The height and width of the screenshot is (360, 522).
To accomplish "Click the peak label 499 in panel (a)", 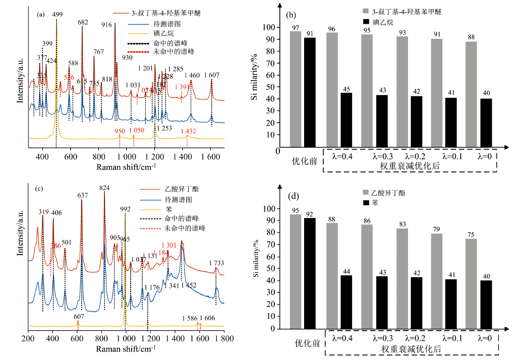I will (57, 15).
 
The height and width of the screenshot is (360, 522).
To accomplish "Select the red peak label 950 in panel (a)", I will (120, 131).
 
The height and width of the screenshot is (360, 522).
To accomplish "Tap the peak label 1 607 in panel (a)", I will (212, 76).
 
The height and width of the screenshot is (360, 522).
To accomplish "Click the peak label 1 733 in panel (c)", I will (216, 263).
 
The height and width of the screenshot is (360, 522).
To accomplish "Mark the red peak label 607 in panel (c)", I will (78, 317).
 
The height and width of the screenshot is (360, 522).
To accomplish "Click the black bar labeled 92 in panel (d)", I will (310, 273).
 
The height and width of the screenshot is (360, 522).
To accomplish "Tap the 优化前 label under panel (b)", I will (304, 161).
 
